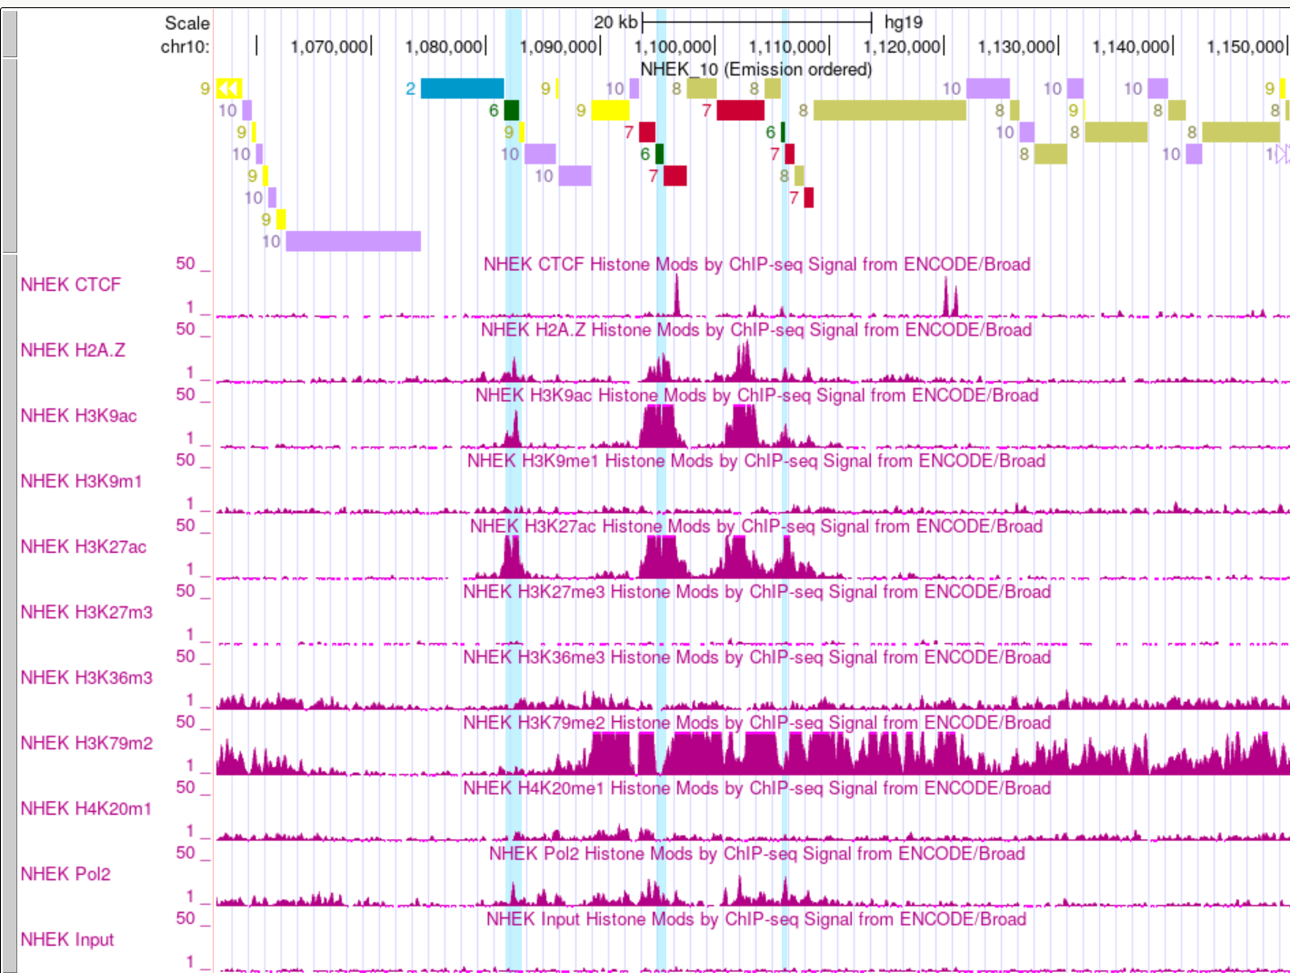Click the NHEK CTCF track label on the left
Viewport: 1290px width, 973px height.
point(70,285)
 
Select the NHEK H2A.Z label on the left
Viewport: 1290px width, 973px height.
point(73,350)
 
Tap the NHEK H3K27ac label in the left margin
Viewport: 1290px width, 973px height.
point(83,547)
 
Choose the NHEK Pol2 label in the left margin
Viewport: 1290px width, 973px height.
point(65,874)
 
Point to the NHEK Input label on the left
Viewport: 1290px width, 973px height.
point(67,939)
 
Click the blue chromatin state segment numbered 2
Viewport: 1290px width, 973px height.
point(462,88)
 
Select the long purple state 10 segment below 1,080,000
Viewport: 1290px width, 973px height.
point(353,241)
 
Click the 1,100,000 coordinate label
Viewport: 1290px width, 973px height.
point(673,46)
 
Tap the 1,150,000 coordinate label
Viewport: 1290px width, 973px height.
point(1245,46)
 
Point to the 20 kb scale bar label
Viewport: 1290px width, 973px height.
point(615,22)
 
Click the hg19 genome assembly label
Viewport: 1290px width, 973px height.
point(903,22)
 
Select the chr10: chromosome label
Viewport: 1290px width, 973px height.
point(185,46)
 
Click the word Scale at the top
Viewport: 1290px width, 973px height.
point(186,23)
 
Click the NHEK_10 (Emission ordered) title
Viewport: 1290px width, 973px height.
point(755,69)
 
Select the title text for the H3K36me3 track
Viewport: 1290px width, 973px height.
point(756,657)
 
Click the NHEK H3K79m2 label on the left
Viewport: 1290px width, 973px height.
point(86,743)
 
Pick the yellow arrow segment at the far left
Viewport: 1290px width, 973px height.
point(228,88)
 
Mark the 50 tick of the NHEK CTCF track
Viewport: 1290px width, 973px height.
point(185,263)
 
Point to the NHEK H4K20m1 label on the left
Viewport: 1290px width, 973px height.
point(86,808)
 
